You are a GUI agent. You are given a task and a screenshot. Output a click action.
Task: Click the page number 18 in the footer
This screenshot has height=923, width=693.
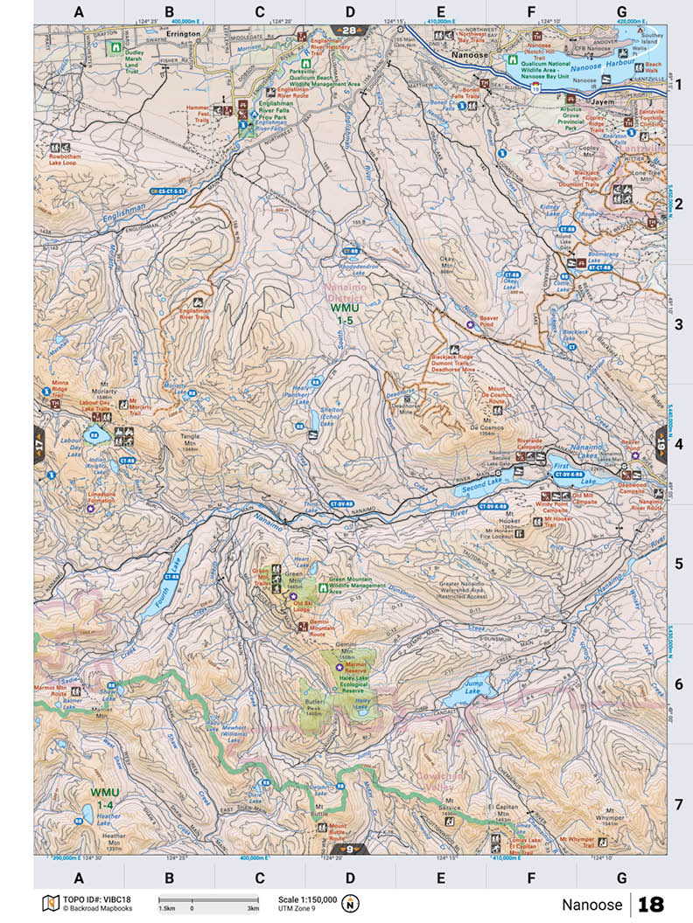click(651, 904)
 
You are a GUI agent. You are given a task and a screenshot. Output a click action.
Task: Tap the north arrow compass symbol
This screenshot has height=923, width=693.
click(350, 903)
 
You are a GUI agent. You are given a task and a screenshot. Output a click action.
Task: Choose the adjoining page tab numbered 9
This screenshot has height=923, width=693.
click(350, 849)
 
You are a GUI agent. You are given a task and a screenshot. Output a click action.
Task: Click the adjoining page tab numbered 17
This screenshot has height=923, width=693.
click(39, 445)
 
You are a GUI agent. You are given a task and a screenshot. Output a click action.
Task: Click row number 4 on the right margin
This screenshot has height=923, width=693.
click(678, 445)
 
